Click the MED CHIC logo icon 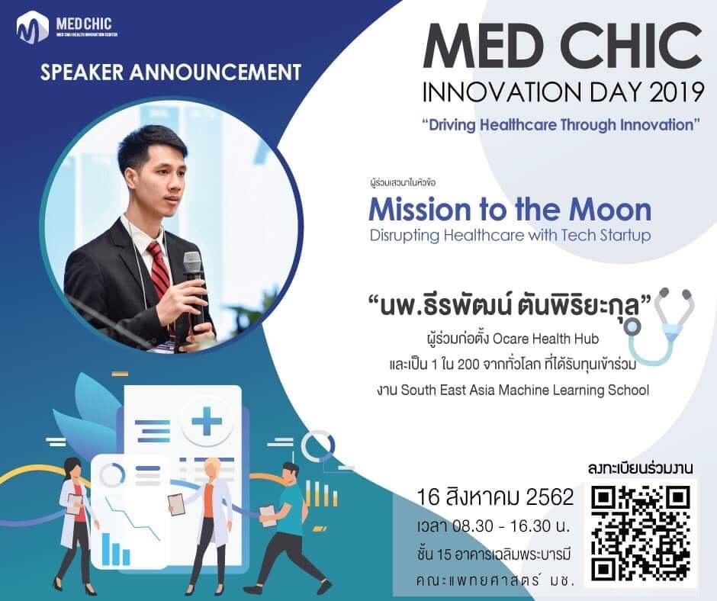click(x=33, y=28)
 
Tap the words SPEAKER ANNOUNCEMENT click(x=171, y=72)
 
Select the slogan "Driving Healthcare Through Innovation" click(x=561, y=124)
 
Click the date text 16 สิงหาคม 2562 click(x=495, y=497)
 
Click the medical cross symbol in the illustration click(x=206, y=420)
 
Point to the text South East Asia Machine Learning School click(x=525, y=390)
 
